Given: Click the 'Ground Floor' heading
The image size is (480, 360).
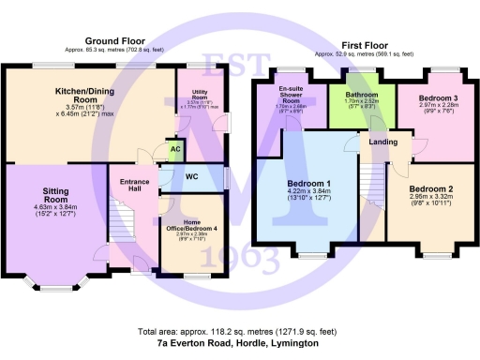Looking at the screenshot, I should [x=114, y=41].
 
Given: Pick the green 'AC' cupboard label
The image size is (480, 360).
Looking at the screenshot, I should [x=175, y=148].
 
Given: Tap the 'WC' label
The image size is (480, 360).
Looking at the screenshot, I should [x=192, y=175].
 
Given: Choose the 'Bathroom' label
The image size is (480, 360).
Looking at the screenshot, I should [x=360, y=95].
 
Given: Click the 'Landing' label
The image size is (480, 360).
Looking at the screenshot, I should [x=382, y=142].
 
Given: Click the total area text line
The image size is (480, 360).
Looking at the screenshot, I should [x=237, y=332].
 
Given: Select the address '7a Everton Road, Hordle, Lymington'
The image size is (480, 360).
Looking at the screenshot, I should [x=237, y=344].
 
